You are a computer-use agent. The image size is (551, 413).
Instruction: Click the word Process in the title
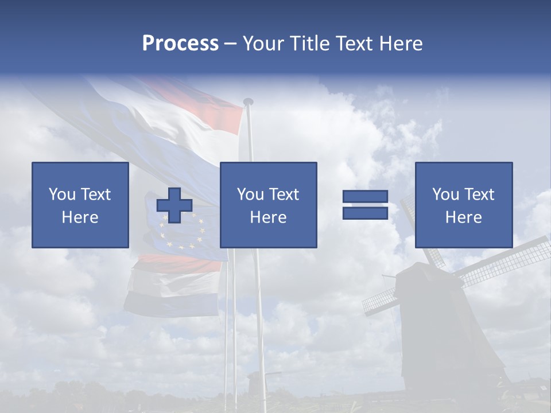pos(180,44)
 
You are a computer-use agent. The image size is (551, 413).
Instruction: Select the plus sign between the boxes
pos(174,205)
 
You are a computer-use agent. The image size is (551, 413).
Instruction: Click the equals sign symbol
pos(365,205)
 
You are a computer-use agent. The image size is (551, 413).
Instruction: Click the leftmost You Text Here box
pos(80,205)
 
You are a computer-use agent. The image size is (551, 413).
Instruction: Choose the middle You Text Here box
pos(268,205)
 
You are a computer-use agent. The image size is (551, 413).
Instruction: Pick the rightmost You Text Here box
pos(463,205)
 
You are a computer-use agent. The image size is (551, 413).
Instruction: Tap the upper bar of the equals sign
pos(365,197)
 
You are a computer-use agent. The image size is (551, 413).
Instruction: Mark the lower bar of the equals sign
pos(365,213)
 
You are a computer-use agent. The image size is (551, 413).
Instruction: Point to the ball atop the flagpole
pos(248,102)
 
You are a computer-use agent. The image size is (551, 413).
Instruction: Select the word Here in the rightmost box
pos(463,217)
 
